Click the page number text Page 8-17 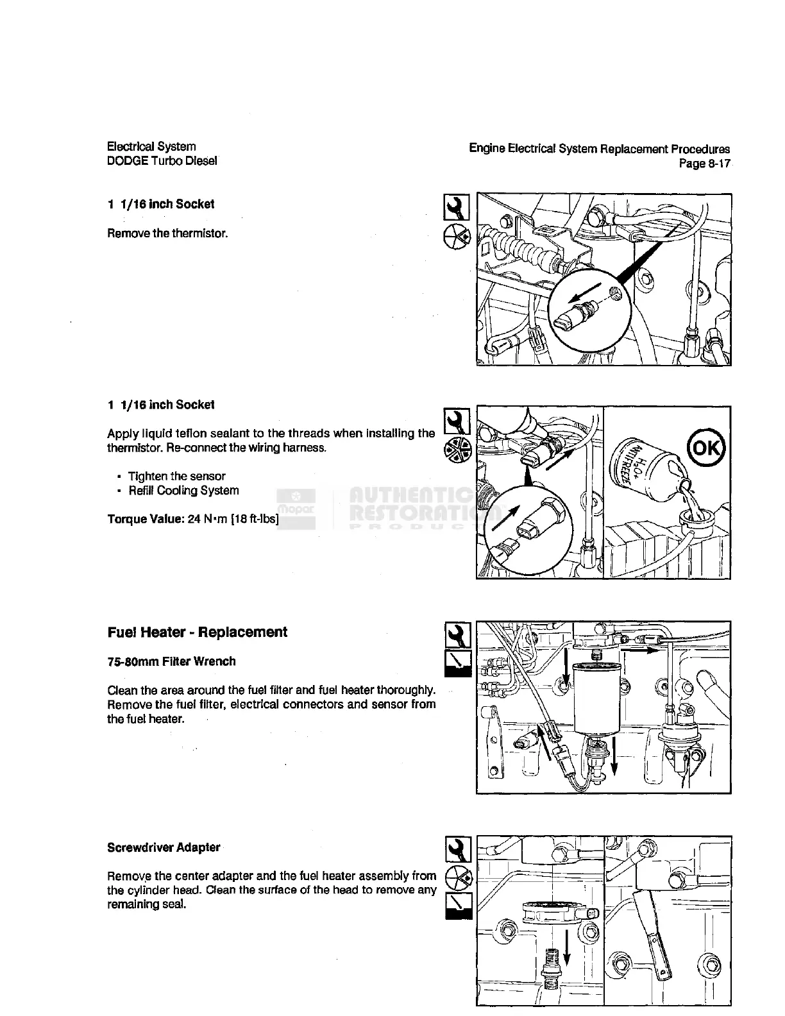[x=704, y=163]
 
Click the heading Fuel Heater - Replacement [x=198, y=632]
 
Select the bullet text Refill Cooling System [x=183, y=491]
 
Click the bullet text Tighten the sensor [x=177, y=476]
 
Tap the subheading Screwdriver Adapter [x=164, y=847]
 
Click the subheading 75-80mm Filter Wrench [x=171, y=661]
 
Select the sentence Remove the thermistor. [x=167, y=233]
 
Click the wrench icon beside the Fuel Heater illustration [x=457, y=636]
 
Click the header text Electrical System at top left [x=151, y=147]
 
